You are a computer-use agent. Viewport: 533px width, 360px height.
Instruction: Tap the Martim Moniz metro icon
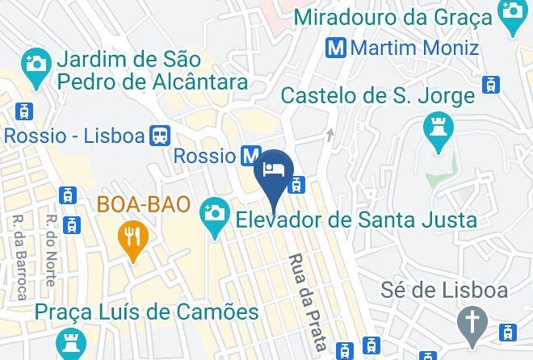(338, 47)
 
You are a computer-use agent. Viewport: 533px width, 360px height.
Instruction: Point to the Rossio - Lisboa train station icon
(160, 135)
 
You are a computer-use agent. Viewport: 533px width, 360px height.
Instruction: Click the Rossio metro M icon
(251, 155)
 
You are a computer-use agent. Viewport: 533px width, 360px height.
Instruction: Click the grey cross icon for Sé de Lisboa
(471, 323)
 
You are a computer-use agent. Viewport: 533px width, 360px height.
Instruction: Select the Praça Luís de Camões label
(146, 312)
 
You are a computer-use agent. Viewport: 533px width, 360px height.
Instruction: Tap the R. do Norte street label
(51, 250)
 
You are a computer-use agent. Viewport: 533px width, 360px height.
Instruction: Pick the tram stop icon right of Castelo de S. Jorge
(490, 84)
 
